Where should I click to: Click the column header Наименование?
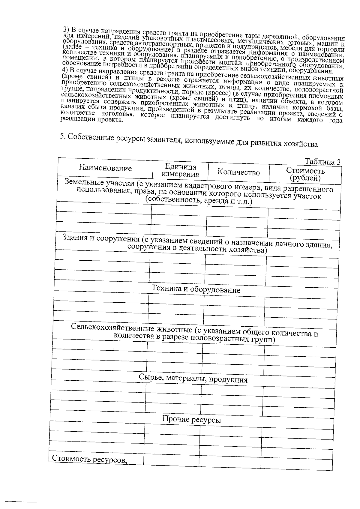105,168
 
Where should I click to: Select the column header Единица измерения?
180,171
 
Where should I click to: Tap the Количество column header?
238,172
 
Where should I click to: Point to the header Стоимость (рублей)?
305,174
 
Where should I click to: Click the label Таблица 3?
322,162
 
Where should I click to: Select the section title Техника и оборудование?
196,289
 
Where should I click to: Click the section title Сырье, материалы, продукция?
193,379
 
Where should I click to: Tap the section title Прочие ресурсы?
191,419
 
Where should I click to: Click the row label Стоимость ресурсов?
89,459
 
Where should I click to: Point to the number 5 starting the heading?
62,136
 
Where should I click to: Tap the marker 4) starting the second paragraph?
65,70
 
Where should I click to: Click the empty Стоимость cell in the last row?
296,462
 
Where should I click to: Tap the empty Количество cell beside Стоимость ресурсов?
229,461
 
